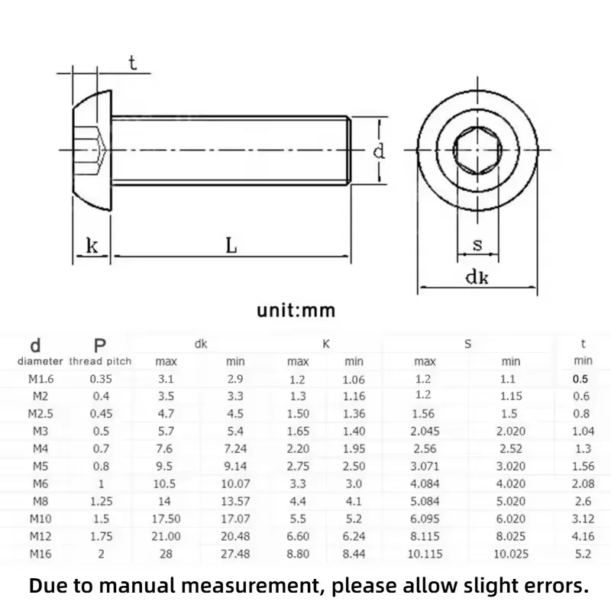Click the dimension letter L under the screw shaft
231,245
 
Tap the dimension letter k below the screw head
92,246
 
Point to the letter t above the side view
132,63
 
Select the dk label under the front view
477,277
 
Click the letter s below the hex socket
477,244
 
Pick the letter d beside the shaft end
379,150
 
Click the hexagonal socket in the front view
477,150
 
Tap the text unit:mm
296,311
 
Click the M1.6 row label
41,379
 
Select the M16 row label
40,554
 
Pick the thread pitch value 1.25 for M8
102,501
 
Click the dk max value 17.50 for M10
166,519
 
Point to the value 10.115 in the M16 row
425,554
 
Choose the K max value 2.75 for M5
298,466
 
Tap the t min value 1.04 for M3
583,431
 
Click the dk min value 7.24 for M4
235,448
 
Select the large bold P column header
100,345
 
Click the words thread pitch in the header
100,361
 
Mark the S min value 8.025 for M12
511,536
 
